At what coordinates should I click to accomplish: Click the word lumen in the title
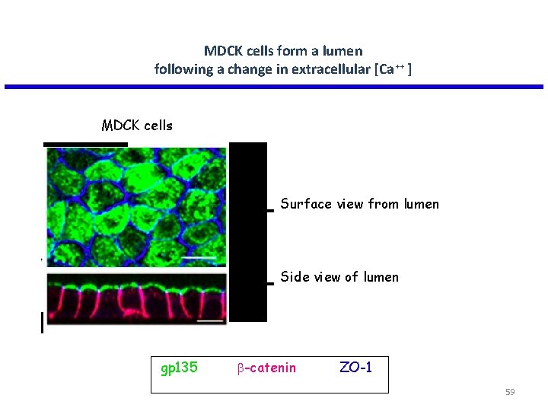tap(342, 51)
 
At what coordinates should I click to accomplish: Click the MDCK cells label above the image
tap(137, 126)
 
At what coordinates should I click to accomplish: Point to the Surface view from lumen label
tap(359, 204)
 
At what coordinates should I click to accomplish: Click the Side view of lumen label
tap(339, 277)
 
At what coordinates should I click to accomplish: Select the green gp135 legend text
tap(180, 368)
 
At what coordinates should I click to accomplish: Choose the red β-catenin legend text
tap(266, 368)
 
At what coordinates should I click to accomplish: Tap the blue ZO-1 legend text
tap(355, 368)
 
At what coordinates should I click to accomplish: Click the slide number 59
tap(510, 392)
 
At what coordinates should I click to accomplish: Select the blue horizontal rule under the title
tap(274, 87)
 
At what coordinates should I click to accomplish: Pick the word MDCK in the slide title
tap(222, 51)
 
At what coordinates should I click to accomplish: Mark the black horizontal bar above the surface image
tap(85, 144)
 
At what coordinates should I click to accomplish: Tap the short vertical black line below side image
tap(42, 324)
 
